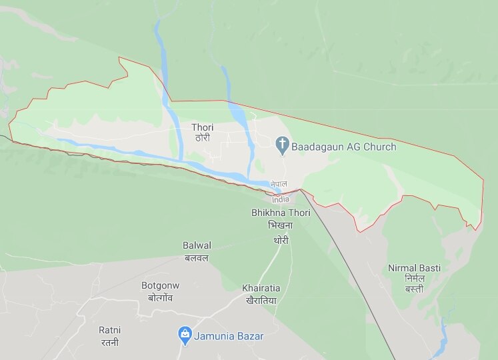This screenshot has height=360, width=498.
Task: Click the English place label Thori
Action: [203, 127]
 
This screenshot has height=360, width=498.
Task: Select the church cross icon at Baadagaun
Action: [282, 143]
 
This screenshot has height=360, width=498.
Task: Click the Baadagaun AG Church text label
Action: [344, 147]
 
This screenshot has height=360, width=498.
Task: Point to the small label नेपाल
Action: [279, 183]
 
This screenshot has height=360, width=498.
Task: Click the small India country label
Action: [281, 199]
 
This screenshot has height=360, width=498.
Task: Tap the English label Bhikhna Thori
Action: [280, 213]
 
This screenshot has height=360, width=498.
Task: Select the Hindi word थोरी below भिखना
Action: [280, 239]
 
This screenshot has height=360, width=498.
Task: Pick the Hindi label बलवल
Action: [197, 257]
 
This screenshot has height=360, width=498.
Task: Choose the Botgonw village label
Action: [160, 285]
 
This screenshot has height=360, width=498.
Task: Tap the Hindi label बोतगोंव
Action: [160, 297]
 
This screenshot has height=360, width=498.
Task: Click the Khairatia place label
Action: [261, 288]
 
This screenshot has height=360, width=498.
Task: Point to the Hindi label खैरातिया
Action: [261, 300]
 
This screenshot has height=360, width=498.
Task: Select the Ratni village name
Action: [109, 330]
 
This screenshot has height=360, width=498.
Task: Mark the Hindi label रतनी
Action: [109, 342]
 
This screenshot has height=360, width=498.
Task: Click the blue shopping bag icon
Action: [185, 335]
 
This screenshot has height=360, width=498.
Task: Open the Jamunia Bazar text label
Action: [229, 336]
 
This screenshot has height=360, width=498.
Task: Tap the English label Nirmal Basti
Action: [415, 268]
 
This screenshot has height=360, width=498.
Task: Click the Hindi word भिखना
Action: [280, 225]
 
